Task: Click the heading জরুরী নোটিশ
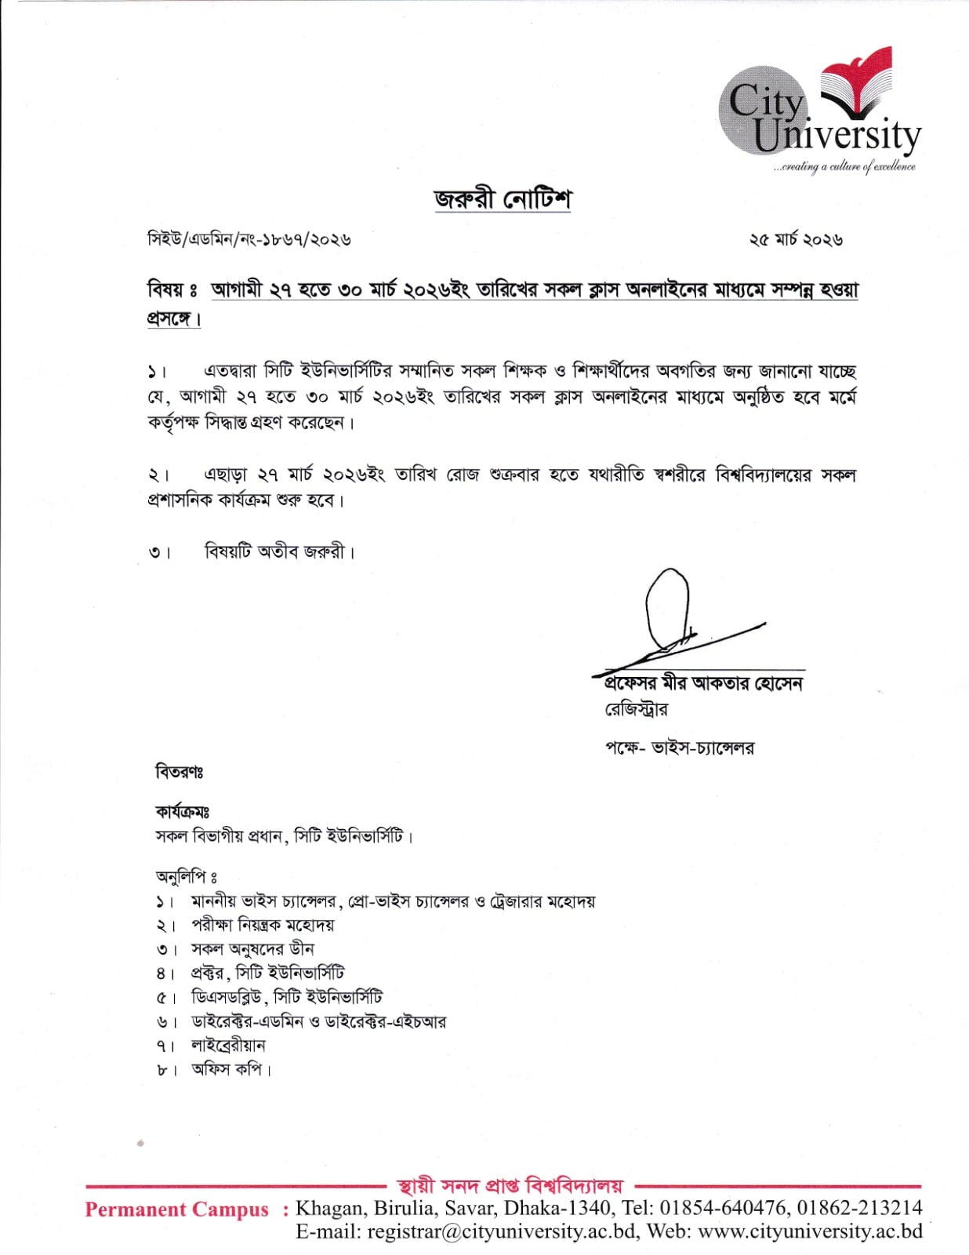[x=503, y=198]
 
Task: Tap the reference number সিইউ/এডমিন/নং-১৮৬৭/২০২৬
[x=249, y=239]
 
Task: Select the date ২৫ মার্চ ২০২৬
[x=796, y=240]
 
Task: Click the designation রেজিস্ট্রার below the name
[x=636, y=710]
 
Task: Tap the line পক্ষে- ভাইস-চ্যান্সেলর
[x=679, y=748]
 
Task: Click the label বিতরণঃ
[x=179, y=773]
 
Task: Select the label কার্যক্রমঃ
[x=182, y=812]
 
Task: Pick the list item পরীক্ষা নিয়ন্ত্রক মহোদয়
[x=263, y=926]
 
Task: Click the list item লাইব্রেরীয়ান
[x=228, y=1046]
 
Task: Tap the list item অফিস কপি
[x=230, y=1069]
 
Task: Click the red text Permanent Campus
[x=176, y=1210]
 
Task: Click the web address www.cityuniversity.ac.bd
[x=810, y=1231]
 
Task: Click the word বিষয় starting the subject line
[x=166, y=290]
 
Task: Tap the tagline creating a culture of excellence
[x=845, y=166]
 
